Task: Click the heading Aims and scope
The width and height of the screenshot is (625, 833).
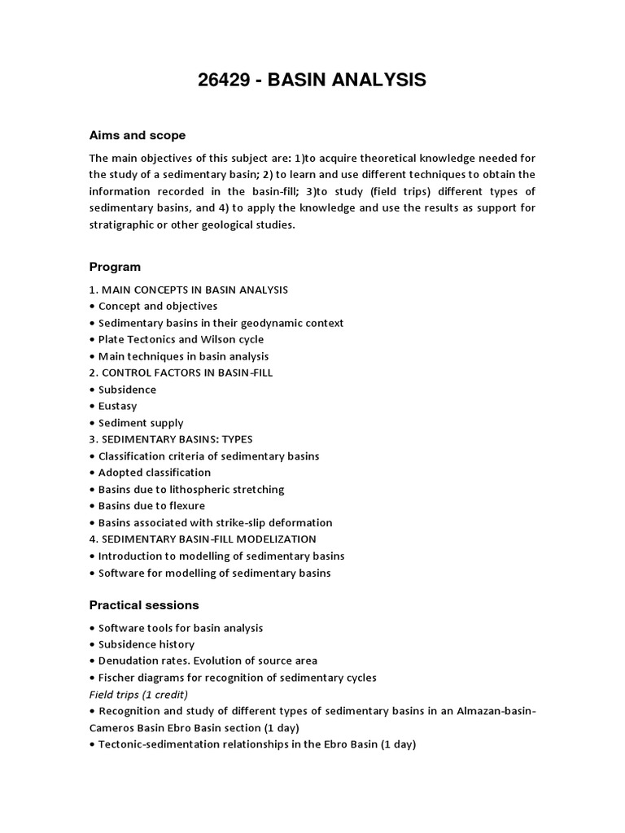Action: (137, 135)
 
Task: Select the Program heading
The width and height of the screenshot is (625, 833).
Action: (115, 267)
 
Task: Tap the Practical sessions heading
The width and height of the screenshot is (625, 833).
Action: (143, 605)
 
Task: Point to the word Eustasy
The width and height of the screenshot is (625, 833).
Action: (117, 406)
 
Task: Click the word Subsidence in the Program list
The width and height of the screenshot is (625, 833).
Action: (127, 390)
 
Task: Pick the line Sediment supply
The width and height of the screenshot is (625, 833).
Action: (141, 423)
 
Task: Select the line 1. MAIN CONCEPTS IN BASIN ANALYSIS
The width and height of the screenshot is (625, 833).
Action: (189, 290)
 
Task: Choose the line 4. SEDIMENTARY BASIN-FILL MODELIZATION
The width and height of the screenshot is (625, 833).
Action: (203, 539)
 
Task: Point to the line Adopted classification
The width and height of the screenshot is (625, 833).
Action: (155, 473)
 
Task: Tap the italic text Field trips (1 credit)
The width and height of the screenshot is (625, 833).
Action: (138, 694)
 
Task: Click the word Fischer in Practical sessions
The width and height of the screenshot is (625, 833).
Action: (117, 678)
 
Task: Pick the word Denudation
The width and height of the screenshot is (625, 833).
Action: (127, 661)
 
